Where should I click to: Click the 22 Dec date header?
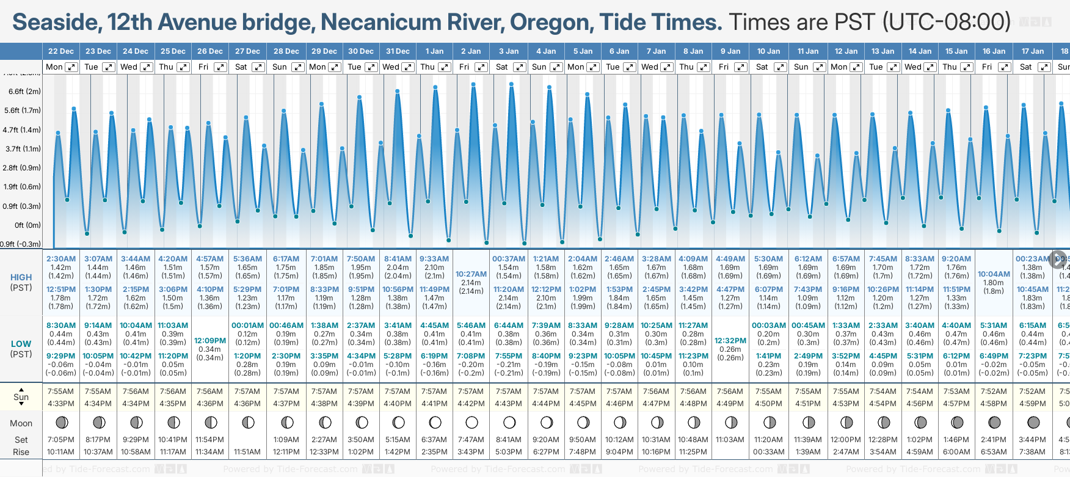pos(60,51)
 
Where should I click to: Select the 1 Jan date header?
pos(434,51)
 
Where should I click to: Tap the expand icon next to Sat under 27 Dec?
pos(258,67)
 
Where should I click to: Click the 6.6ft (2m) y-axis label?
pos(24,92)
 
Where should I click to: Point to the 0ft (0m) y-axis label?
pos(27,225)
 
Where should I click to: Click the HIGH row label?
pos(21,277)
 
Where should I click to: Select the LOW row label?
pos(21,344)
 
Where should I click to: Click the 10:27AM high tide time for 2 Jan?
pos(471,274)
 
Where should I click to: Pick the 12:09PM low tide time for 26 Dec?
pos(210,341)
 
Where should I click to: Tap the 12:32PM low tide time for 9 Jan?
pos(730,341)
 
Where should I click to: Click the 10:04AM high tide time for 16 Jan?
pos(994,274)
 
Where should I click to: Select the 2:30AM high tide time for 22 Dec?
pos(60,259)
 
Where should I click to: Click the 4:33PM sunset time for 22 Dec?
pos(60,404)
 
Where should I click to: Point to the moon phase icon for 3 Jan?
pos(509,422)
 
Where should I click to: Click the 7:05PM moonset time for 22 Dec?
pos(60,440)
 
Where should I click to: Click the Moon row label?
pos(21,423)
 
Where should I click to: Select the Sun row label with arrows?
pos(21,397)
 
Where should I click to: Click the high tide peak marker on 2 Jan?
pos(473,84)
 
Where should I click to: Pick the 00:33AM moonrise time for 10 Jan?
pos(768,452)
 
